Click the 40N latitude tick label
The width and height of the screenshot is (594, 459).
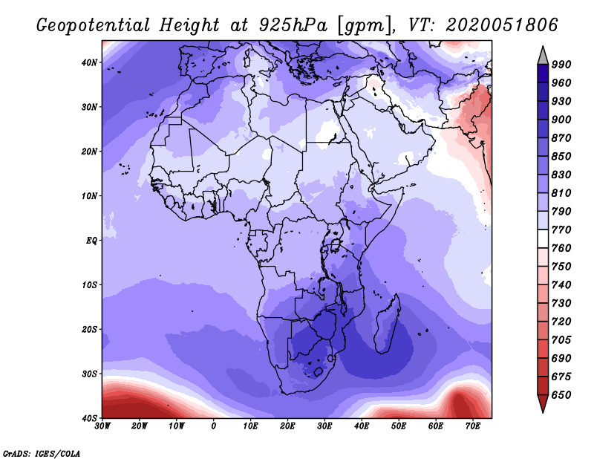click(89, 62)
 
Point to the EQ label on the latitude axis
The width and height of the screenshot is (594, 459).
click(91, 241)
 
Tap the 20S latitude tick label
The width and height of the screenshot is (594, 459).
click(89, 329)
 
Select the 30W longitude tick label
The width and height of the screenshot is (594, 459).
click(102, 426)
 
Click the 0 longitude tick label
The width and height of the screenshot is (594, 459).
click(214, 426)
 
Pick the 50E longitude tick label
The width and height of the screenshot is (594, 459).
click(399, 426)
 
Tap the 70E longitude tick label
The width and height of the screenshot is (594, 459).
click(473, 426)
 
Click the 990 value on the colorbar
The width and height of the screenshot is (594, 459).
click(561, 65)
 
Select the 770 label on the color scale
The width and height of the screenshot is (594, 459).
click(561, 229)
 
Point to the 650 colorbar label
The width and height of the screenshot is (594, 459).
click(561, 395)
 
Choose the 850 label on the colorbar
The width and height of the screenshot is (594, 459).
click(561, 156)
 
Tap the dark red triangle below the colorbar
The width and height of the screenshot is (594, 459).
click(543, 403)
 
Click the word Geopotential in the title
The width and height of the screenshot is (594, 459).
click(93, 26)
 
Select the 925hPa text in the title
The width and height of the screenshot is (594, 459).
click(293, 25)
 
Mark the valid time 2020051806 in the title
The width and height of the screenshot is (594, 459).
click(502, 25)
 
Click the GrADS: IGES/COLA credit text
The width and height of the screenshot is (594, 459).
click(42, 453)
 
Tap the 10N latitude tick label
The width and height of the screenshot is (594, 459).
click(89, 196)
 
